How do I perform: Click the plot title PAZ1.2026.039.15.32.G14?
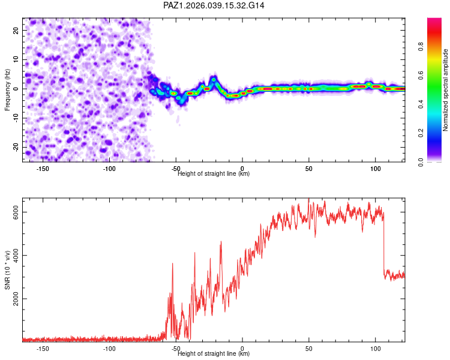[214, 5]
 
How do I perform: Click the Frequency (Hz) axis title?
[7, 90]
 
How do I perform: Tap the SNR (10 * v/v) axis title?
[7, 270]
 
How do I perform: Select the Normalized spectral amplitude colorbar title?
[446, 90]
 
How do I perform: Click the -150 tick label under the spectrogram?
[43, 169]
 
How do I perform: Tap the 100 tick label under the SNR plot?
[375, 349]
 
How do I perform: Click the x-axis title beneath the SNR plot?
[214, 354]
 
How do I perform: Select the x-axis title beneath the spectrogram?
[214, 174]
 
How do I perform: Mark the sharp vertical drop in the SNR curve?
[383, 246]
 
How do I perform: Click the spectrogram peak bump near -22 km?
[214, 79]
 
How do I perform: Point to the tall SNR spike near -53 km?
[173, 264]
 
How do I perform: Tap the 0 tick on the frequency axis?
[19, 89]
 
